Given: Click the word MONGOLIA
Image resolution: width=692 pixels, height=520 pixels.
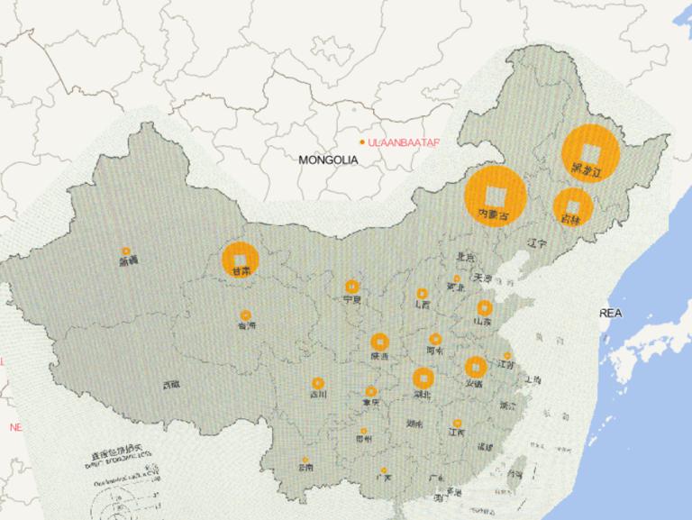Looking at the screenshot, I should coord(329,160).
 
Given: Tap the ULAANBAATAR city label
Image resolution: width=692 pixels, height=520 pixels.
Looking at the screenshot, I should coord(404,142).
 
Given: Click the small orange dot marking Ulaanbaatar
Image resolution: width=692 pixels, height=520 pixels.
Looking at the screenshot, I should coord(362,142).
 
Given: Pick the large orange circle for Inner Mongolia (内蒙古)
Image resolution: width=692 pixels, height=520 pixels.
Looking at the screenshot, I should coord(496,196).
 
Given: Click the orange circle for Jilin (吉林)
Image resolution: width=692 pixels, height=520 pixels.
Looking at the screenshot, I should coord(573,205).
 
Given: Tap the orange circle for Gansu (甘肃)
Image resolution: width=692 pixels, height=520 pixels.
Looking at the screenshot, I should coord(240,259).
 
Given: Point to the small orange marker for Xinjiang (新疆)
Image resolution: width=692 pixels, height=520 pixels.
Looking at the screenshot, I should coord(126,251).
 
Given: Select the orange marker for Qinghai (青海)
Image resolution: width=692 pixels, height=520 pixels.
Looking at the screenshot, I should coord(245,316).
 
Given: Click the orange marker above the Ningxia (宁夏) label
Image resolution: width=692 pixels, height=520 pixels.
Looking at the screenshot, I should coord(351,287).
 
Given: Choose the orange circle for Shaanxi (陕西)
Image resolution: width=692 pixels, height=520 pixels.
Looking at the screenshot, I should coord(380,342).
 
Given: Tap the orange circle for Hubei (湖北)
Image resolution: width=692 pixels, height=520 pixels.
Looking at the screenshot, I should coord(423,379).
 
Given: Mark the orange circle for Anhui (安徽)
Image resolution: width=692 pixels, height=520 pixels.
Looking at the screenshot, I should coord(475,367).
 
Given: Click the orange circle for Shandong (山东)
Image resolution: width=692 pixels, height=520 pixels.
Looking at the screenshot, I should coord(485,308).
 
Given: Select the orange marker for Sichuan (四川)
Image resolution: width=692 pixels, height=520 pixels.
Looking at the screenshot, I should coord(317,383).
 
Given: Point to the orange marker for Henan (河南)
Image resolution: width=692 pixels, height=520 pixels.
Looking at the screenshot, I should coord(435,340).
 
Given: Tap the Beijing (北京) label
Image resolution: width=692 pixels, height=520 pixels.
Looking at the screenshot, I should coord(465,257).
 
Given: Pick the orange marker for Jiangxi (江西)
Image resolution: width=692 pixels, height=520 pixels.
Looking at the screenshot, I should coord(457,422).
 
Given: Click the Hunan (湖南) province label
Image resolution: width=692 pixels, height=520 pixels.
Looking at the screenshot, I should coord(414,423).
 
